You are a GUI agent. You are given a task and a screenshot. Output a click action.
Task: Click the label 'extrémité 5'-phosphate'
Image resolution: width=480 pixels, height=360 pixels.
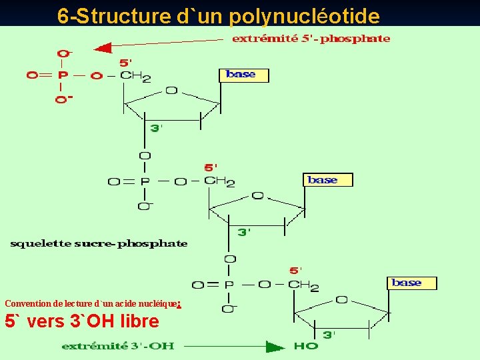tap(311, 39)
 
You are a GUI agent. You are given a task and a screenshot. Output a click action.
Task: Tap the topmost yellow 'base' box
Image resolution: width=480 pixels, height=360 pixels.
tap(243, 75)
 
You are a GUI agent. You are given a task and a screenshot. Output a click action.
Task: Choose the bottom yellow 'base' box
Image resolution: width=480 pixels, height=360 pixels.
tap(412, 283)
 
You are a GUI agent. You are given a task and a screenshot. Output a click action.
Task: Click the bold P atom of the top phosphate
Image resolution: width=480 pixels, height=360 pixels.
tap(62, 75)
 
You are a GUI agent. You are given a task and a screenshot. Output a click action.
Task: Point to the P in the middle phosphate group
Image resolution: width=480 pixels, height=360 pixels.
tap(144, 181)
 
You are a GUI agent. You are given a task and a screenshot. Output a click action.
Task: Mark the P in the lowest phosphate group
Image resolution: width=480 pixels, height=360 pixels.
tap(229, 285)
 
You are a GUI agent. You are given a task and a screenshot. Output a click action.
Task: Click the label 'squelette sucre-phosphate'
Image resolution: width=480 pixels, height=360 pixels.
tap(99, 243)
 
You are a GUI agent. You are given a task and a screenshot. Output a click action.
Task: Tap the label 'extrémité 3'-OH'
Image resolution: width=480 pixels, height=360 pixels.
tap(118, 346)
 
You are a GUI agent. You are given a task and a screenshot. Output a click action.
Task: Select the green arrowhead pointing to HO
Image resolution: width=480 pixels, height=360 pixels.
tap(275, 346)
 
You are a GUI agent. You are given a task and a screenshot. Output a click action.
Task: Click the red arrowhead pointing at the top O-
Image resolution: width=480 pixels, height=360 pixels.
tap(101, 48)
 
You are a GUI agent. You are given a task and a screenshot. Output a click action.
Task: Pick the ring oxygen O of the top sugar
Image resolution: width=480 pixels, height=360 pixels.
tap(171, 90)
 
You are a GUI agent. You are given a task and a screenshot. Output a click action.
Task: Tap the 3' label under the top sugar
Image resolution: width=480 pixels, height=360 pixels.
tap(155, 128)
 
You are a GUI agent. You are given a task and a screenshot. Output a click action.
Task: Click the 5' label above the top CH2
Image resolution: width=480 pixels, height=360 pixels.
tap(125, 63)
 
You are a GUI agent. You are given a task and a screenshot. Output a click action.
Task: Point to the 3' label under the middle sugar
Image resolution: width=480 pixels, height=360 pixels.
tap(244, 232)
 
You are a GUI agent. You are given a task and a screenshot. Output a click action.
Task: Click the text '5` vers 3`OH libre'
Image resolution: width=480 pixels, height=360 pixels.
tap(82, 321)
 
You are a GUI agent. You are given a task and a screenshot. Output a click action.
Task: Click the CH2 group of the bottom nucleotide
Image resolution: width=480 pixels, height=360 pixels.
tap(304, 286)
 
